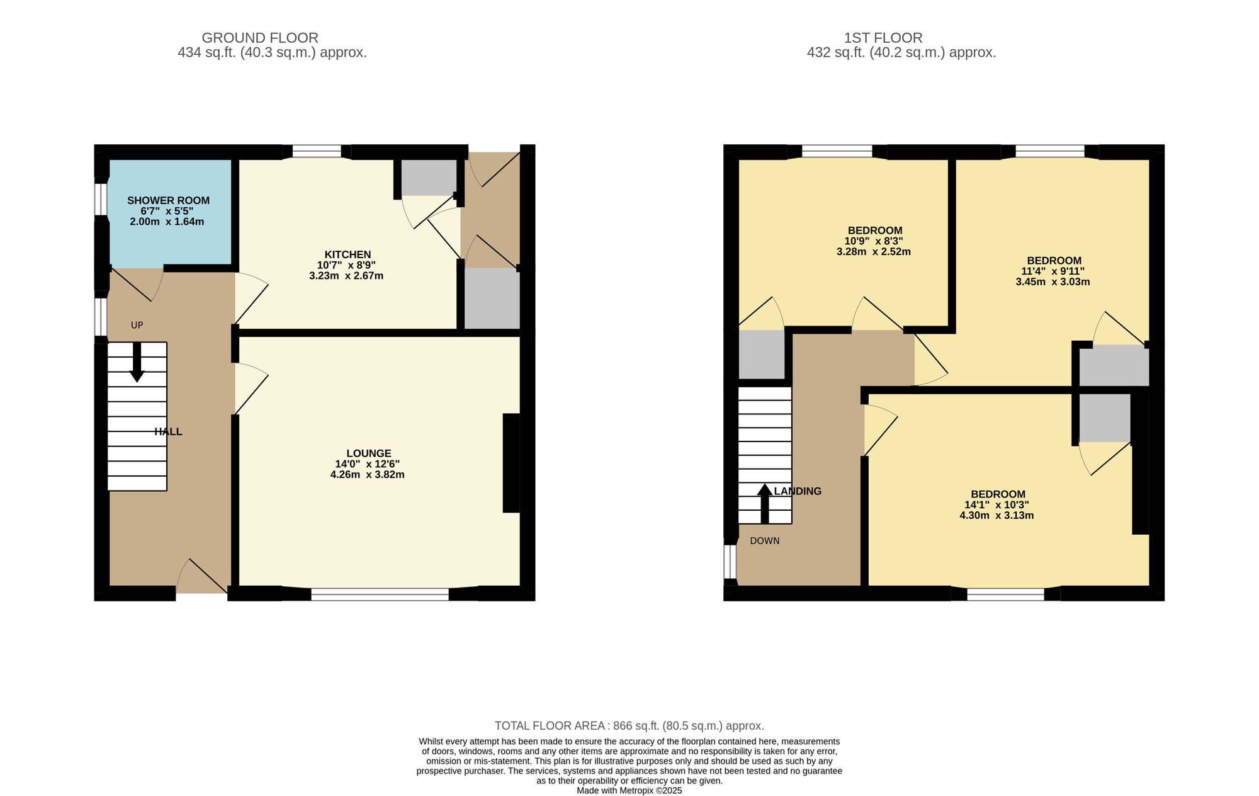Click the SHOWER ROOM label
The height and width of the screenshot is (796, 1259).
coord(168,200)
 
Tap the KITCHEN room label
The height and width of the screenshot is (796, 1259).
coord(347,254)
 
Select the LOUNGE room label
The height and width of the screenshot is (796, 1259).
coord(369,453)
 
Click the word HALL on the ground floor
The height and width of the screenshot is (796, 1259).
coord(168,431)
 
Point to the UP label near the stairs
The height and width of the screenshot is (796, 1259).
coord(137,325)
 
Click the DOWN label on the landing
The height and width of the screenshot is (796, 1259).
coord(765,541)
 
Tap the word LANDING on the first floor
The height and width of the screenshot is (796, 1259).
coord(798,491)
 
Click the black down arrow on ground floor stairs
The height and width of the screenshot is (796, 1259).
coord(137,362)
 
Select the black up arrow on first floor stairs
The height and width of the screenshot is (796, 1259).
coord(765,503)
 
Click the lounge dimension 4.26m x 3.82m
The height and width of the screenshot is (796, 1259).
coord(368,475)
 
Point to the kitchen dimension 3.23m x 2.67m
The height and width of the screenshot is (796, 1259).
coord(346,276)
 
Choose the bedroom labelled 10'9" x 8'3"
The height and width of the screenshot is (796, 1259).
coord(874,241)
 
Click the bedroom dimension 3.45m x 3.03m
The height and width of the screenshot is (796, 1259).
coord(1053,281)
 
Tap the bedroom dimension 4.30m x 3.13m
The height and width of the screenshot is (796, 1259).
coord(996,515)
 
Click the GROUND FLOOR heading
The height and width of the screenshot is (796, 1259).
coord(260,38)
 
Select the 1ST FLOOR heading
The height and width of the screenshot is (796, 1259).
coord(883,38)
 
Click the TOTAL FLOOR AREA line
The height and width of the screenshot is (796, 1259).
coord(629,725)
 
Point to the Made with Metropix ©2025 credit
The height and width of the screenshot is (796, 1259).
coord(629,790)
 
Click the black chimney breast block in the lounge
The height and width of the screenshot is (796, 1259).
coord(511,463)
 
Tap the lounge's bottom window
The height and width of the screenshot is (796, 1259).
coord(380,593)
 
